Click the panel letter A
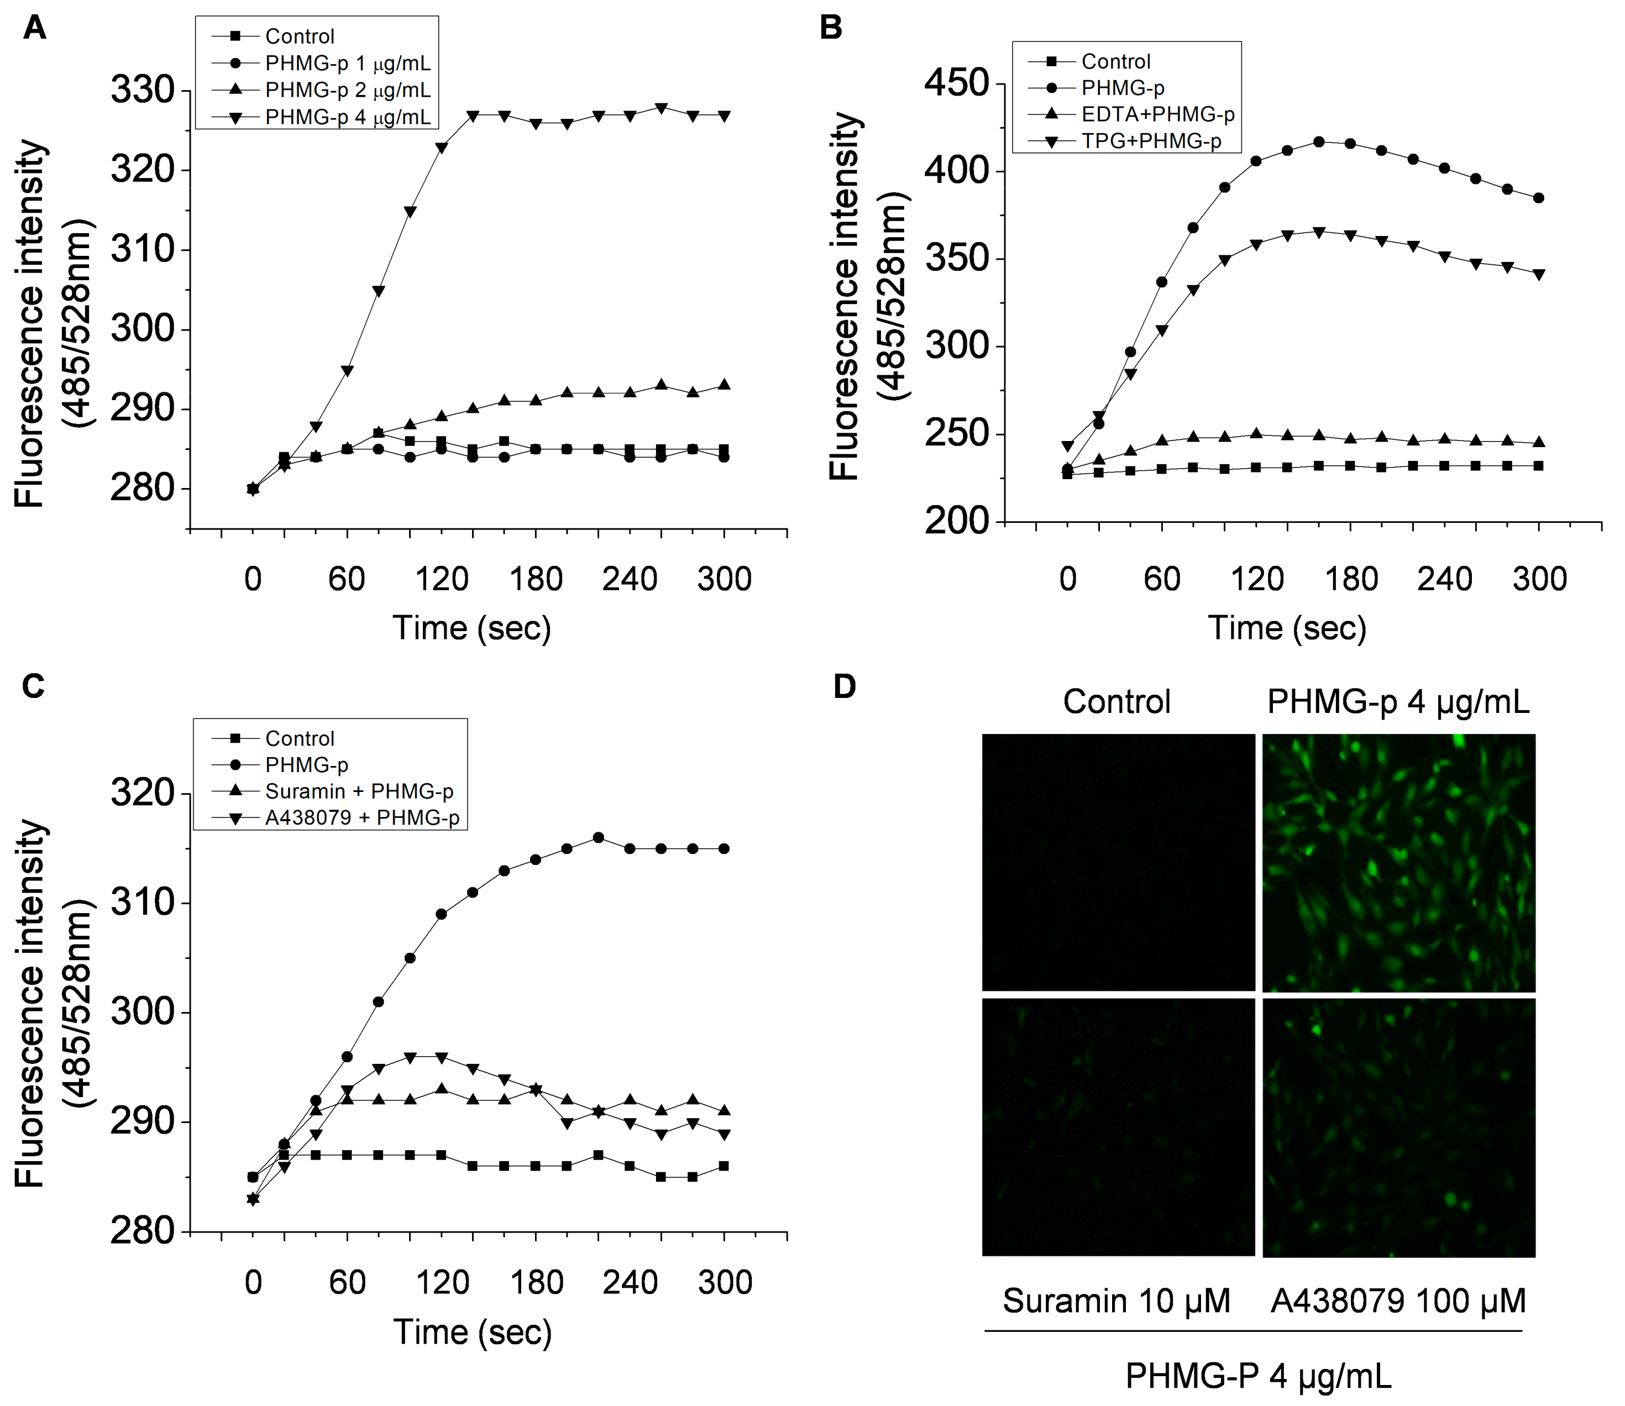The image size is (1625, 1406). tap(34, 29)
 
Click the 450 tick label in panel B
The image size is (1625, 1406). tap(956, 83)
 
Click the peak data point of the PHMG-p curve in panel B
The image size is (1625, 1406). tap(1319, 142)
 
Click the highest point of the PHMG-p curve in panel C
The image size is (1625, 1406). tap(598, 838)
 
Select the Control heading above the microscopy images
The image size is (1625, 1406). tap(1116, 701)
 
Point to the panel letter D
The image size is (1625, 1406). tap(844, 686)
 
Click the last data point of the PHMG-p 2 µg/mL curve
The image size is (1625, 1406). tap(724, 385)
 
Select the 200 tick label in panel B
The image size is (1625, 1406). tap(956, 521)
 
